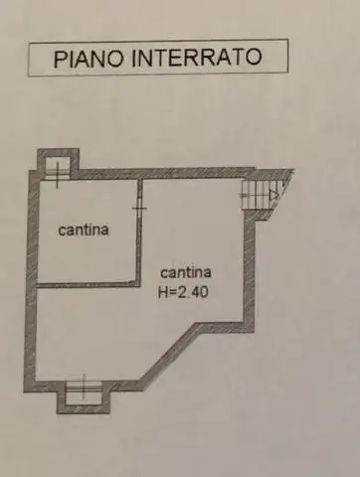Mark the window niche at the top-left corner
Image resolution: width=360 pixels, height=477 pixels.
coord(58,164)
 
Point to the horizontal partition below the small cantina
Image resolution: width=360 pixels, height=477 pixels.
coord(88,283)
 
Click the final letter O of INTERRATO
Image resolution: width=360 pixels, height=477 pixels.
coord(256,56)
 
